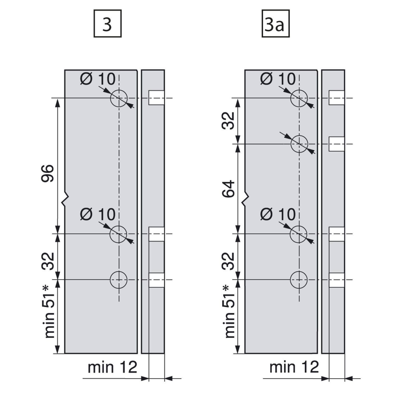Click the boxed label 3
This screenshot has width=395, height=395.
click(107, 23)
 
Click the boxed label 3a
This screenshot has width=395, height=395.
click(275, 23)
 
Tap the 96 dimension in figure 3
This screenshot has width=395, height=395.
click(48, 173)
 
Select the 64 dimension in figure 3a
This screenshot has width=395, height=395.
click(228, 189)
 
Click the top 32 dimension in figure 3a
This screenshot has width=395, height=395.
click(228, 120)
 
